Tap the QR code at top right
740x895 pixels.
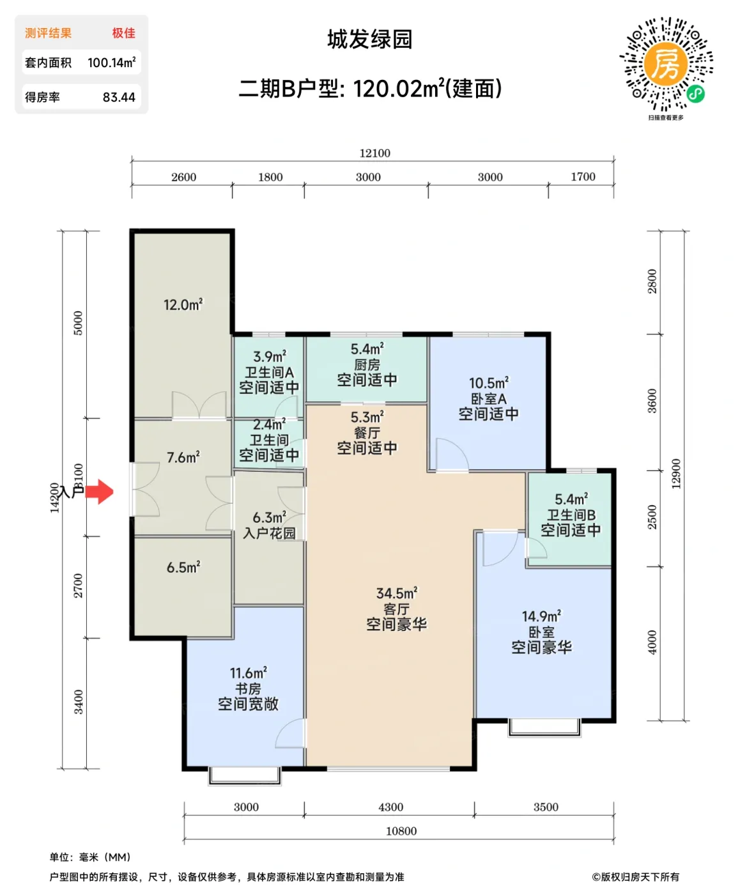666,65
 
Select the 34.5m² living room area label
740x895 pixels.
396,594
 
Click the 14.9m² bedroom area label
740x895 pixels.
541,617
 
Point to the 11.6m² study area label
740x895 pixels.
248,673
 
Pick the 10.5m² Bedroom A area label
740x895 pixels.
489,383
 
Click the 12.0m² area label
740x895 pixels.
183,305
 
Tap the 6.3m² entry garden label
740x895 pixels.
269,518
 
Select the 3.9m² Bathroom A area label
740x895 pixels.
269,357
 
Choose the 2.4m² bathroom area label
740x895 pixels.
269,424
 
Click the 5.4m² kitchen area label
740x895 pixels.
367,349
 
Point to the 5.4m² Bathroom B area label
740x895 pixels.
571,499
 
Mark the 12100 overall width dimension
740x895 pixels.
374,153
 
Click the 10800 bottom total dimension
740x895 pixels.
401,831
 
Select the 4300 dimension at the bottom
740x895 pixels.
390,807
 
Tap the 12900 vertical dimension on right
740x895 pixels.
676,474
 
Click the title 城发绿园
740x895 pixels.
370,40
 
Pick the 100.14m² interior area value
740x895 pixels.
111,63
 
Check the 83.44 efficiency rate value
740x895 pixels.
119,98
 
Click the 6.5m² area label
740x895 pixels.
183,568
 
